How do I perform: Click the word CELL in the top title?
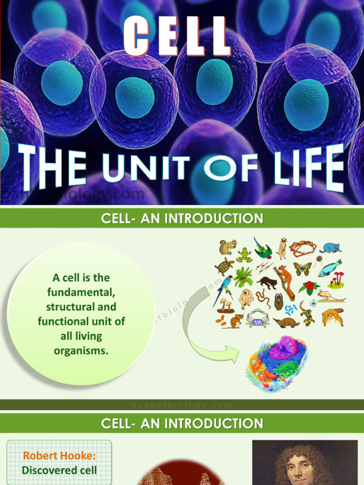click(177, 36)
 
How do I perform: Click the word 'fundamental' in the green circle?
click(81, 292)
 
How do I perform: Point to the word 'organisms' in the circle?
click(81, 351)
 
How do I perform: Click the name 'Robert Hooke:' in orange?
click(59, 456)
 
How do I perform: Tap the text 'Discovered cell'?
click(59, 470)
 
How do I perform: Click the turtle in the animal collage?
click(223, 266)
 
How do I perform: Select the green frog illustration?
click(244, 254)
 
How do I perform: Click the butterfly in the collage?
click(302, 269)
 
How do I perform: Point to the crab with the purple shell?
click(258, 318)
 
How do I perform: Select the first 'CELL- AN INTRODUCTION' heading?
click(182, 219)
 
